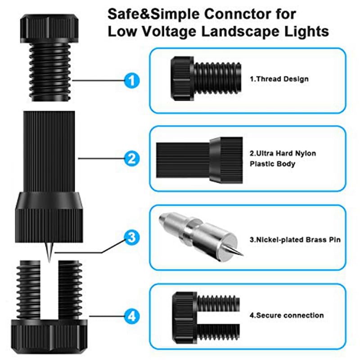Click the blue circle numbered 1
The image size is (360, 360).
[131, 81]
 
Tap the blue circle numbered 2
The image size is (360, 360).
[131, 158]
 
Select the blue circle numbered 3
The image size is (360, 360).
[131, 237]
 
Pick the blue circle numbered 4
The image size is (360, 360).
[131, 316]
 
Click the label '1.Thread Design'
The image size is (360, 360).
[279, 79]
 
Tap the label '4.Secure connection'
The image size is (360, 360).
[287, 315]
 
